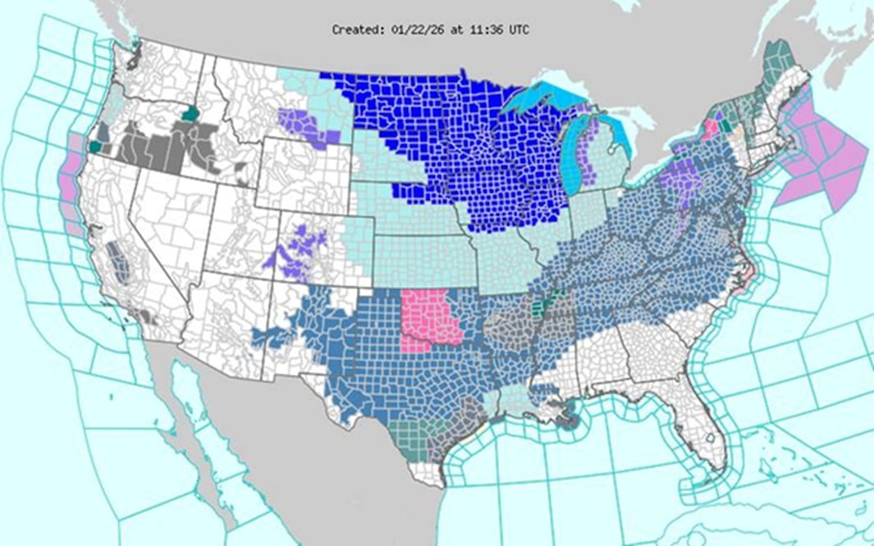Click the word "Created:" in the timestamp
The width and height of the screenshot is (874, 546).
click(355, 30)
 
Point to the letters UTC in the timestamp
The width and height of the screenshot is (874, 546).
click(518, 30)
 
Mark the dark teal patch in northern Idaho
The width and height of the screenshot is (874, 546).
click(191, 114)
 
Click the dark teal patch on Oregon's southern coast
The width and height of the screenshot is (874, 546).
click(95, 146)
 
